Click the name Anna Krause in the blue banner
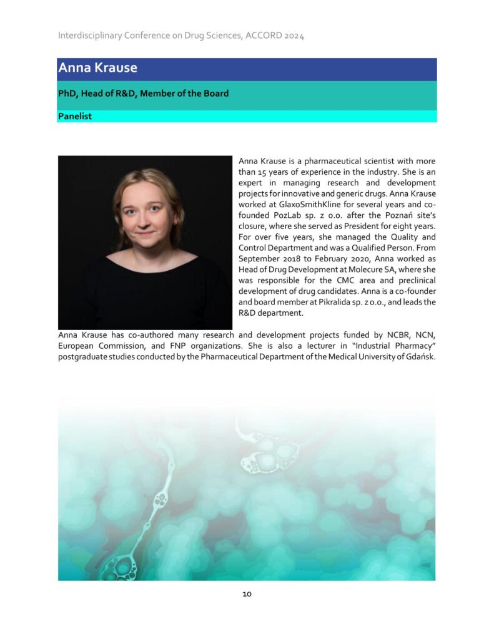coord(97,68)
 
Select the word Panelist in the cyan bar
coord(75,116)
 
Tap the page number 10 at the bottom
coord(247,594)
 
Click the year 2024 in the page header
coord(293,36)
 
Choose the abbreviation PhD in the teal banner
coord(67,94)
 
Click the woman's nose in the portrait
coord(145,221)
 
